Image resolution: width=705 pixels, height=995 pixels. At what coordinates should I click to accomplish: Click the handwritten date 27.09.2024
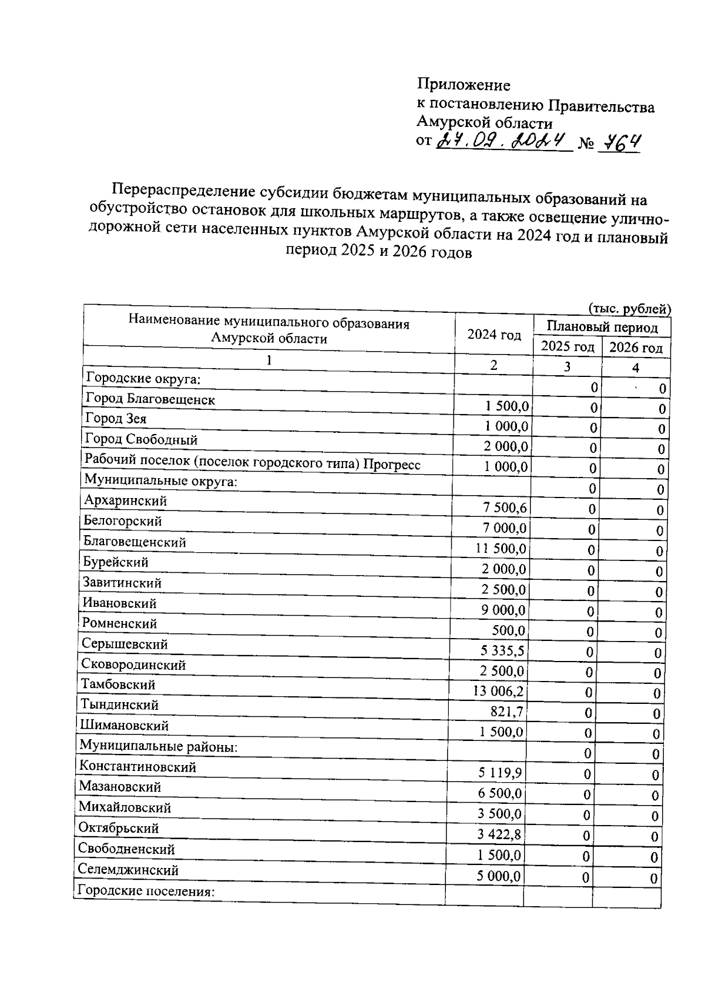click(x=503, y=141)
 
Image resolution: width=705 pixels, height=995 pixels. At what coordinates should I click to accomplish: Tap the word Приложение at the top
click(x=464, y=85)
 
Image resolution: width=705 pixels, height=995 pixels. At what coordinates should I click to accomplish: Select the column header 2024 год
click(x=493, y=335)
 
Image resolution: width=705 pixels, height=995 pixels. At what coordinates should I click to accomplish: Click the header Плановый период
click(x=602, y=326)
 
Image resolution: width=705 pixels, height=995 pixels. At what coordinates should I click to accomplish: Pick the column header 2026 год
click(x=636, y=348)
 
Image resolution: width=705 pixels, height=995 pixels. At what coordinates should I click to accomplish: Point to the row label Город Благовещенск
click(x=150, y=399)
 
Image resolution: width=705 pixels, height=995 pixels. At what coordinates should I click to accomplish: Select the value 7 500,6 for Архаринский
click(x=505, y=507)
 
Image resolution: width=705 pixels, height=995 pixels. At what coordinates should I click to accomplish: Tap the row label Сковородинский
click(x=133, y=665)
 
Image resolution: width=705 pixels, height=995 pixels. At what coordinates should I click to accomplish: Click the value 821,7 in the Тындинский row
click(x=506, y=712)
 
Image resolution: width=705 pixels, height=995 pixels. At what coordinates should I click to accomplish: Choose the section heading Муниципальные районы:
click(x=158, y=746)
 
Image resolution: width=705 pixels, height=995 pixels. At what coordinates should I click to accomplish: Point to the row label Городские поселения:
click(x=146, y=890)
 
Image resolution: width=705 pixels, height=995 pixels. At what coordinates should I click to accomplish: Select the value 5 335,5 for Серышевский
click(x=502, y=650)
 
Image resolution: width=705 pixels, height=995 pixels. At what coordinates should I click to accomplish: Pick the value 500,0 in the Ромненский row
click(x=508, y=630)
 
